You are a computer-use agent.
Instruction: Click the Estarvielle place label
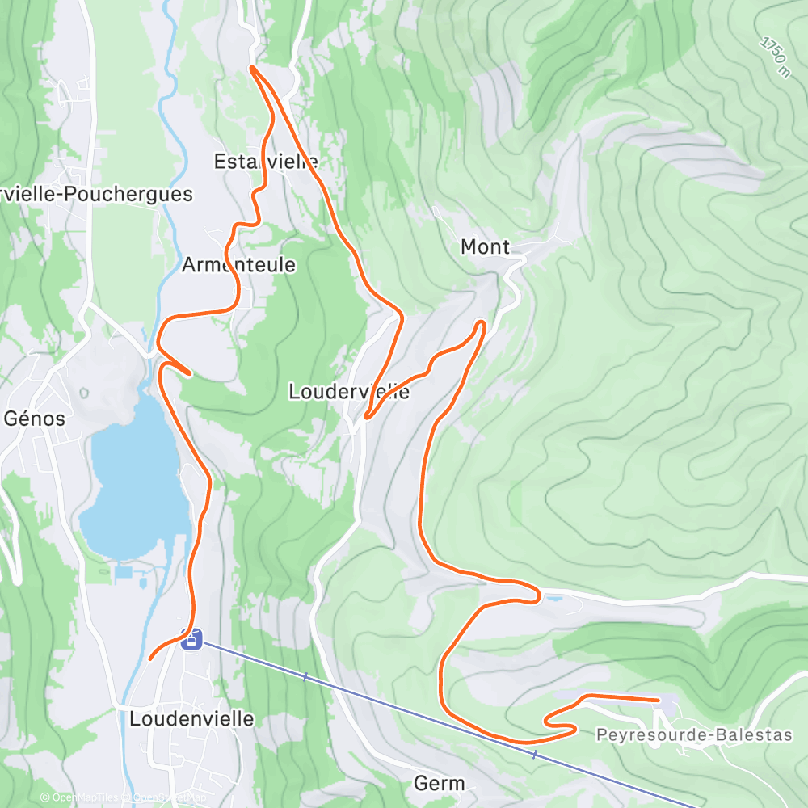(266, 162)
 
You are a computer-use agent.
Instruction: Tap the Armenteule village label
(238, 265)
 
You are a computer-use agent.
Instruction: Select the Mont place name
(485, 247)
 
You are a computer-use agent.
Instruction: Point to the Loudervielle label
(349, 393)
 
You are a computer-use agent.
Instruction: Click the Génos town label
(35, 419)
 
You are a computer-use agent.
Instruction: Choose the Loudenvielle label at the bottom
(192, 718)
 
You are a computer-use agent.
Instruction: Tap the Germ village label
(440, 783)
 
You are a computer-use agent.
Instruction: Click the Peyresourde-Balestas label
(694, 735)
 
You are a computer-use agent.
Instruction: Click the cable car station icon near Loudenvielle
(191, 641)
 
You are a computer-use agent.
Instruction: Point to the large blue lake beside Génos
(133, 485)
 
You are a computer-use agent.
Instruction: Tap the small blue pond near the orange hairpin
(553, 600)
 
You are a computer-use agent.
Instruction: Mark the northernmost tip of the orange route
(253, 68)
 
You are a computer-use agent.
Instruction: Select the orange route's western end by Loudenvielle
(151, 659)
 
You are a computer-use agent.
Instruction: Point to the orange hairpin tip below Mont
(481, 323)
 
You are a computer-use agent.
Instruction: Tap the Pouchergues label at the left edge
(97, 194)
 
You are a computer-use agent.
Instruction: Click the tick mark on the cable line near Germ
(534, 754)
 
